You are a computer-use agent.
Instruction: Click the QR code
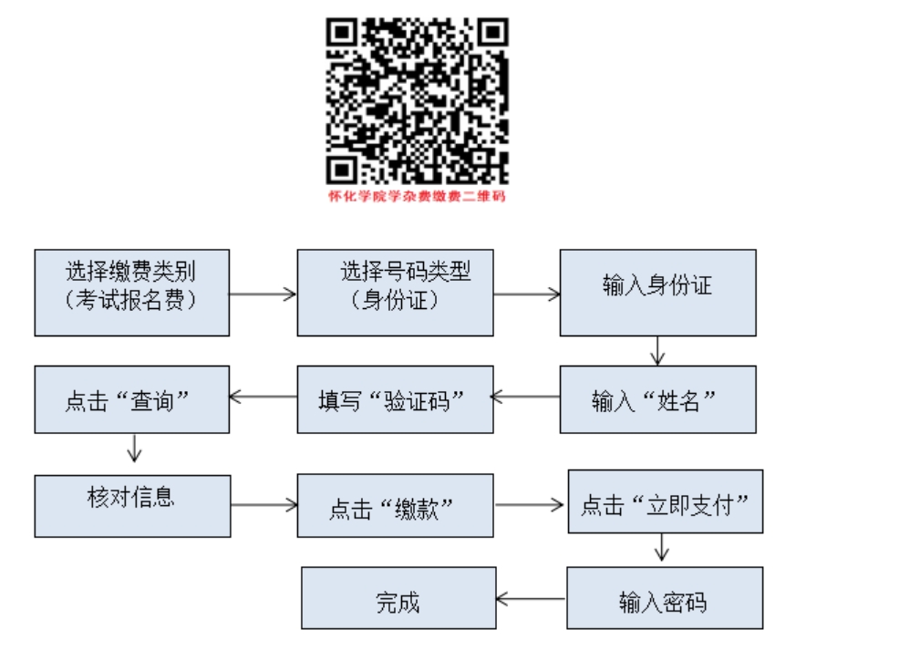coord(418,101)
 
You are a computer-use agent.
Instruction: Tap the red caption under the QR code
coord(417,196)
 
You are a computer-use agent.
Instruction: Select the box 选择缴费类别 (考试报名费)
coord(132,293)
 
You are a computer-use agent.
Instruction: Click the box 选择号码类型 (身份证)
coord(395,293)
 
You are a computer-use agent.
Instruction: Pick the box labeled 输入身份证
coord(658,293)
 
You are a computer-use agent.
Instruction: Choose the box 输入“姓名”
coord(658,399)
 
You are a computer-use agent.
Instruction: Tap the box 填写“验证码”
coord(395,399)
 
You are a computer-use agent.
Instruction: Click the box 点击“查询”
coord(132,399)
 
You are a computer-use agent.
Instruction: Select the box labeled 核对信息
coord(132,506)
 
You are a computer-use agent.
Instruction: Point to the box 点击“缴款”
coord(395,506)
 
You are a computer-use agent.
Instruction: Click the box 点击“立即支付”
coord(666,501)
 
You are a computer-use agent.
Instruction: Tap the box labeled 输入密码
coord(665,598)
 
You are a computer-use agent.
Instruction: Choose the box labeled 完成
coord(398,598)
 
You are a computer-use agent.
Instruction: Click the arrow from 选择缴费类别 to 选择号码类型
coord(263,294)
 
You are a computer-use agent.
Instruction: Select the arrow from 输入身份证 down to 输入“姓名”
coord(657,351)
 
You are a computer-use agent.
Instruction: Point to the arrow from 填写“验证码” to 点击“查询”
coord(263,397)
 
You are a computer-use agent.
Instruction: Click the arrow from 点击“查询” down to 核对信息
coord(134,449)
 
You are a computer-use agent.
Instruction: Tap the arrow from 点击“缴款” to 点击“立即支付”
coord(529,505)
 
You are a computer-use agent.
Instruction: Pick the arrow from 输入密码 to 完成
coord(531,599)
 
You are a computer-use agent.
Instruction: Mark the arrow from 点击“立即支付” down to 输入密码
coord(662,547)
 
